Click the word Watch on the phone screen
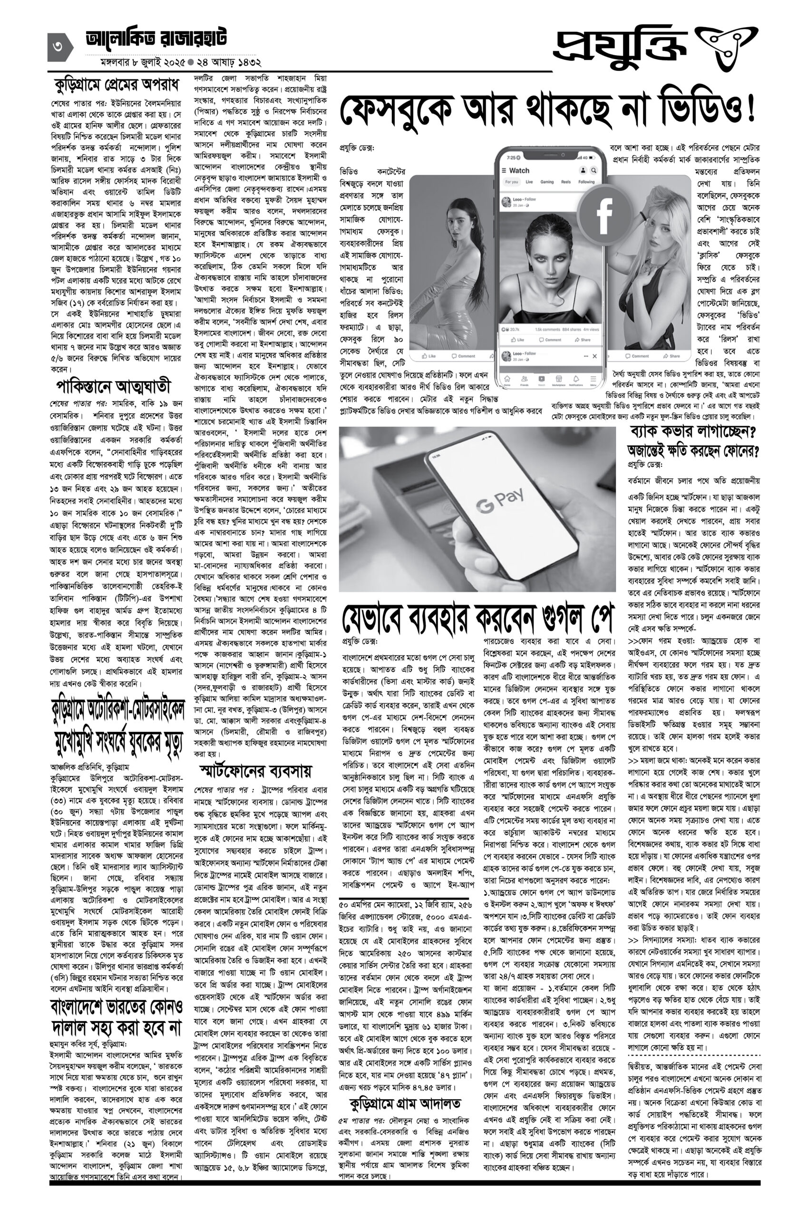519,171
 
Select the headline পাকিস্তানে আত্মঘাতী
113,387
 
